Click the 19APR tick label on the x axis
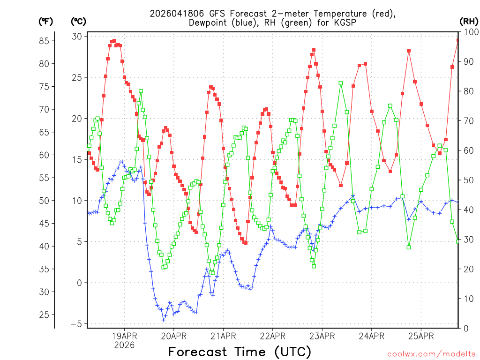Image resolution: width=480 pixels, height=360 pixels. (124, 336)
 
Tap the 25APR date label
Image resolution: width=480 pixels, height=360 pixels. (420, 336)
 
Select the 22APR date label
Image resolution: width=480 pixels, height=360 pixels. (272, 336)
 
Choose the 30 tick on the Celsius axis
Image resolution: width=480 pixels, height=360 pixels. (77, 37)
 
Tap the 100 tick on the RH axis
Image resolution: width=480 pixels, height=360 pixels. (469, 32)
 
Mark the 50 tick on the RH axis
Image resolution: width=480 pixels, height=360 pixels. (467, 180)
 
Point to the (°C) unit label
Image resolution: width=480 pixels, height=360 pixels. (78, 21)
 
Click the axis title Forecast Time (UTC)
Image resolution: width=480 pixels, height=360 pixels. (240, 352)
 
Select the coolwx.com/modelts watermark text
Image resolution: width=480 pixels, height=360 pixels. (431, 353)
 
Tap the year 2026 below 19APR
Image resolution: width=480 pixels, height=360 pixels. (124, 345)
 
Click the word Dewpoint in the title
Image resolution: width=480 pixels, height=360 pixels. (208, 22)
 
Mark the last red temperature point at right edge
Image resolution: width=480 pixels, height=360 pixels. (458, 40)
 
